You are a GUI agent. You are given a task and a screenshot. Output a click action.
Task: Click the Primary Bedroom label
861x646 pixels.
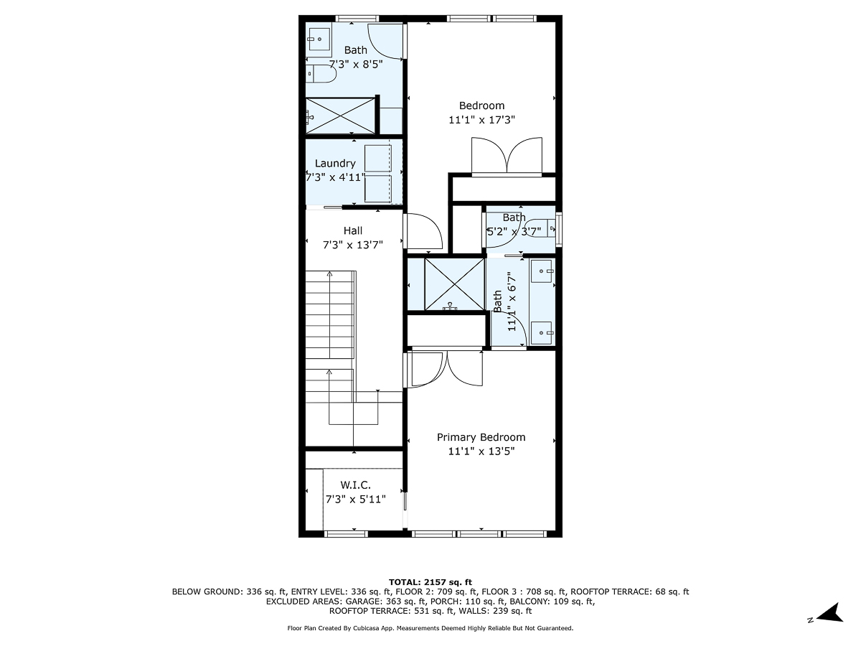(x=481, y=437)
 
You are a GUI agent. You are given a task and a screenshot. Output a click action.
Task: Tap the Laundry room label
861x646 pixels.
(x=335, y=163)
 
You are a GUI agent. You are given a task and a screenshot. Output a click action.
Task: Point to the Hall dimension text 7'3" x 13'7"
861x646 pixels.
(x=352, y=244)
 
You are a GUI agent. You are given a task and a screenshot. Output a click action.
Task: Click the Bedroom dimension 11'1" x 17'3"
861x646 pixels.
(x=481, y=120)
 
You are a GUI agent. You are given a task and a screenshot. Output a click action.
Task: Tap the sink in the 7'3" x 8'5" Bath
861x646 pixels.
(x=319, y=40)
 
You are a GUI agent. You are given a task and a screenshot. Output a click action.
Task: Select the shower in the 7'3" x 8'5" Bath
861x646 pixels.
(x=341, y=114)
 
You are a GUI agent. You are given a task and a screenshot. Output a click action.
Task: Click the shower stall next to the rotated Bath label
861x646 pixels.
(x=454, y=284)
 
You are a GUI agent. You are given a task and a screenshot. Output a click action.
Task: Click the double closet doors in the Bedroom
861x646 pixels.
(x=507, y=156)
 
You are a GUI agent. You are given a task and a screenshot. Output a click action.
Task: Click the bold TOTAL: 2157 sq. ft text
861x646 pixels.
(x=430, y=581)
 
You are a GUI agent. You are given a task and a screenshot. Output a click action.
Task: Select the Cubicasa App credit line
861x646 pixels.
(x=430, y=628)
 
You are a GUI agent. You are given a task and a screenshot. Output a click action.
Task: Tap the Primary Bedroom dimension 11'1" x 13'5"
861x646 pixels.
(x=481, y=451)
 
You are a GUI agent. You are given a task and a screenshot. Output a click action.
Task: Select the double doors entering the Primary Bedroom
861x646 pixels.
(x=445, y=368)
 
